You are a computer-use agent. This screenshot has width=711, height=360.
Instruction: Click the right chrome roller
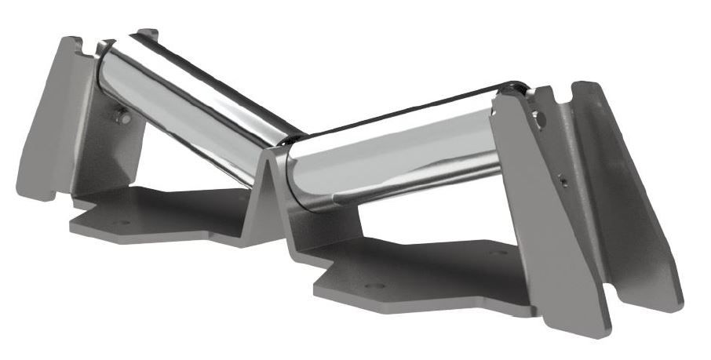pos(392,157)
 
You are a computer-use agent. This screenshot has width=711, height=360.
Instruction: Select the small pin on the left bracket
pos(122,117)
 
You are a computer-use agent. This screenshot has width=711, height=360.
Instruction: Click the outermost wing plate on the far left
pos(43,118)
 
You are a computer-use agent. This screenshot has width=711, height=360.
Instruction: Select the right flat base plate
pos(424,275)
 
